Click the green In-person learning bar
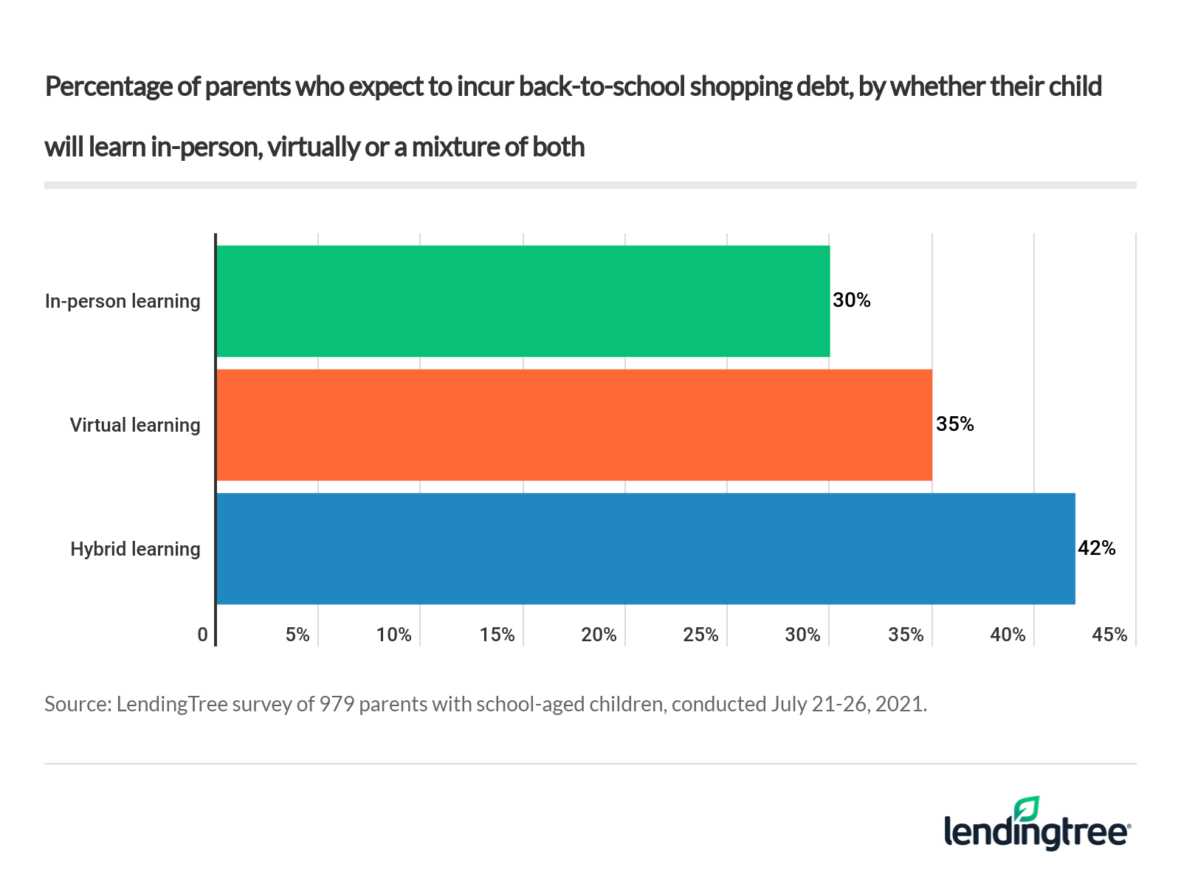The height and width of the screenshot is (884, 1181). [523, 301]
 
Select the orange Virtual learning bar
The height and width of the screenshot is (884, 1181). [574, 425]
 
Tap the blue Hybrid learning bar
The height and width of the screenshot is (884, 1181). [645, 548]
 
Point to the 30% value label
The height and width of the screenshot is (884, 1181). [852, 300]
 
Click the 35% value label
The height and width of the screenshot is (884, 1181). [955, 424]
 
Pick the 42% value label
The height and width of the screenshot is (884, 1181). [1097, 548]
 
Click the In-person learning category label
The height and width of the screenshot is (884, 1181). [123, 301]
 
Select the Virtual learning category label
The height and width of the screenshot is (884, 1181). [135, 425]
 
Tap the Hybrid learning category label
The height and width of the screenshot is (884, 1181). [135, 549]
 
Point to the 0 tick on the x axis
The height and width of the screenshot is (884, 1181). [202, 635]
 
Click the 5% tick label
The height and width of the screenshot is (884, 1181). [297, 635]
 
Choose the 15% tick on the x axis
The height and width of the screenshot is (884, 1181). [497, 635]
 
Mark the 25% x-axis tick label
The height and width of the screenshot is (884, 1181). [700, 635]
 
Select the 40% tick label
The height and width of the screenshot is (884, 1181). [1008, 635]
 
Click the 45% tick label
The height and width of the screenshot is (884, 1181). [1109, 635]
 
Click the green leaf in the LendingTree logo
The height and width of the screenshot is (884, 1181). [1027, 809]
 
